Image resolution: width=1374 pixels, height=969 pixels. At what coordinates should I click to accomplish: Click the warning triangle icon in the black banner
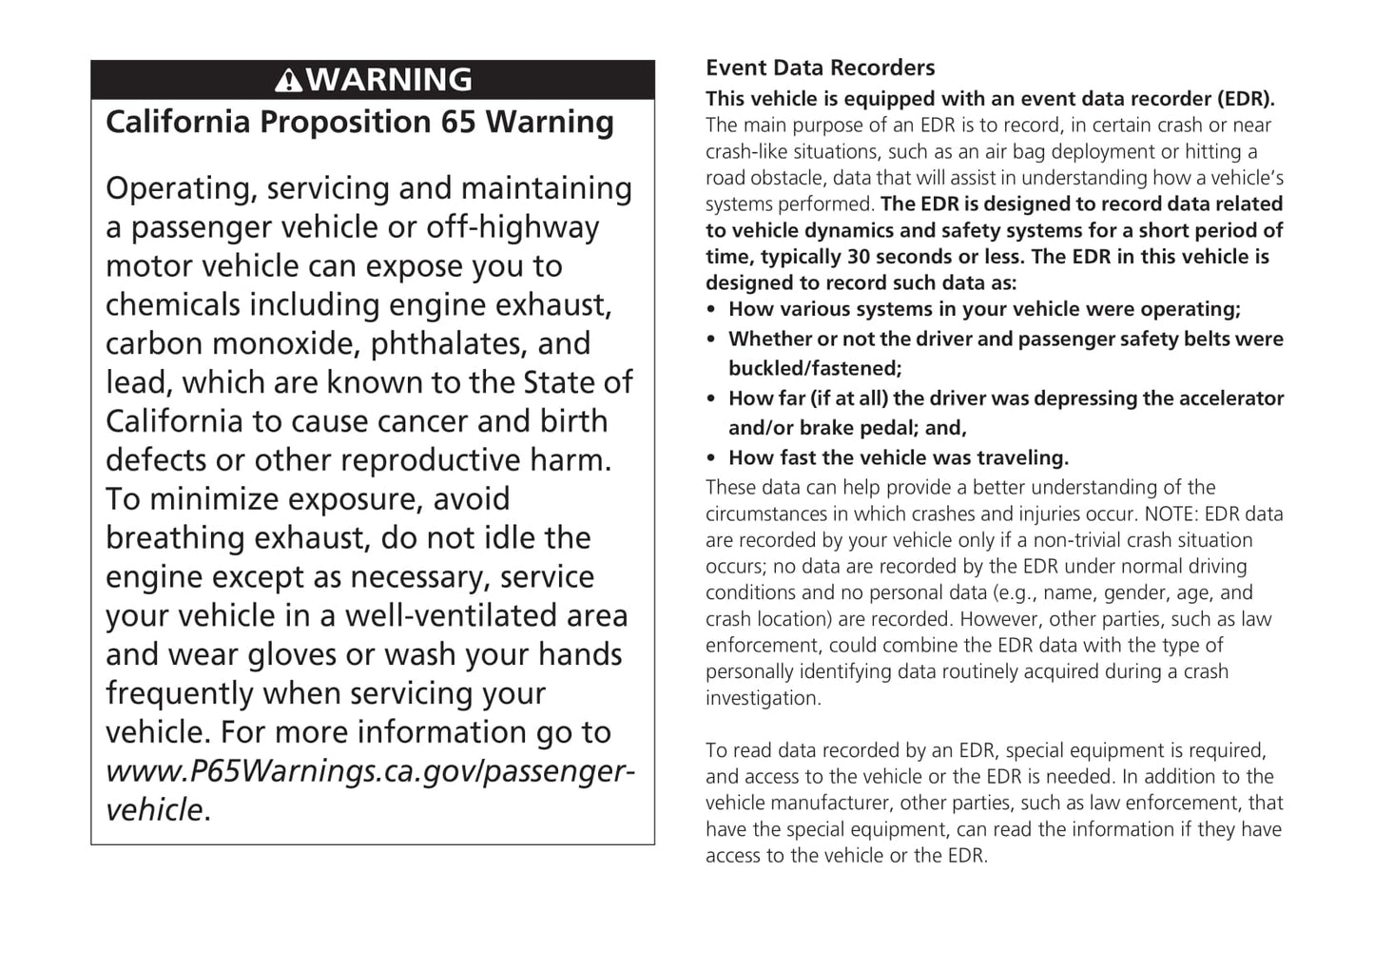click(289, 80)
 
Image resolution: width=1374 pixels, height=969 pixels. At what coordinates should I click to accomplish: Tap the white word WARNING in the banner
click(390, 80)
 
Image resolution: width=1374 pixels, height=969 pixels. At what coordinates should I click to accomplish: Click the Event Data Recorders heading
click(820, 68)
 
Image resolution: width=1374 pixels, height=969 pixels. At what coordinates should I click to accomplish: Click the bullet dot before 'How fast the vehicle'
click(711, 458)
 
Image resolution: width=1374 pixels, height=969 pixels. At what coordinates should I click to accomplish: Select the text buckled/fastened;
click(815, 368)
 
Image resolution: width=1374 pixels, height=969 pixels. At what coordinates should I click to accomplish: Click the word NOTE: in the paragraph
click(1171, 514)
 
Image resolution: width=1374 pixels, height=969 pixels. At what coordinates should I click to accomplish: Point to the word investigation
click(763, 698)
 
